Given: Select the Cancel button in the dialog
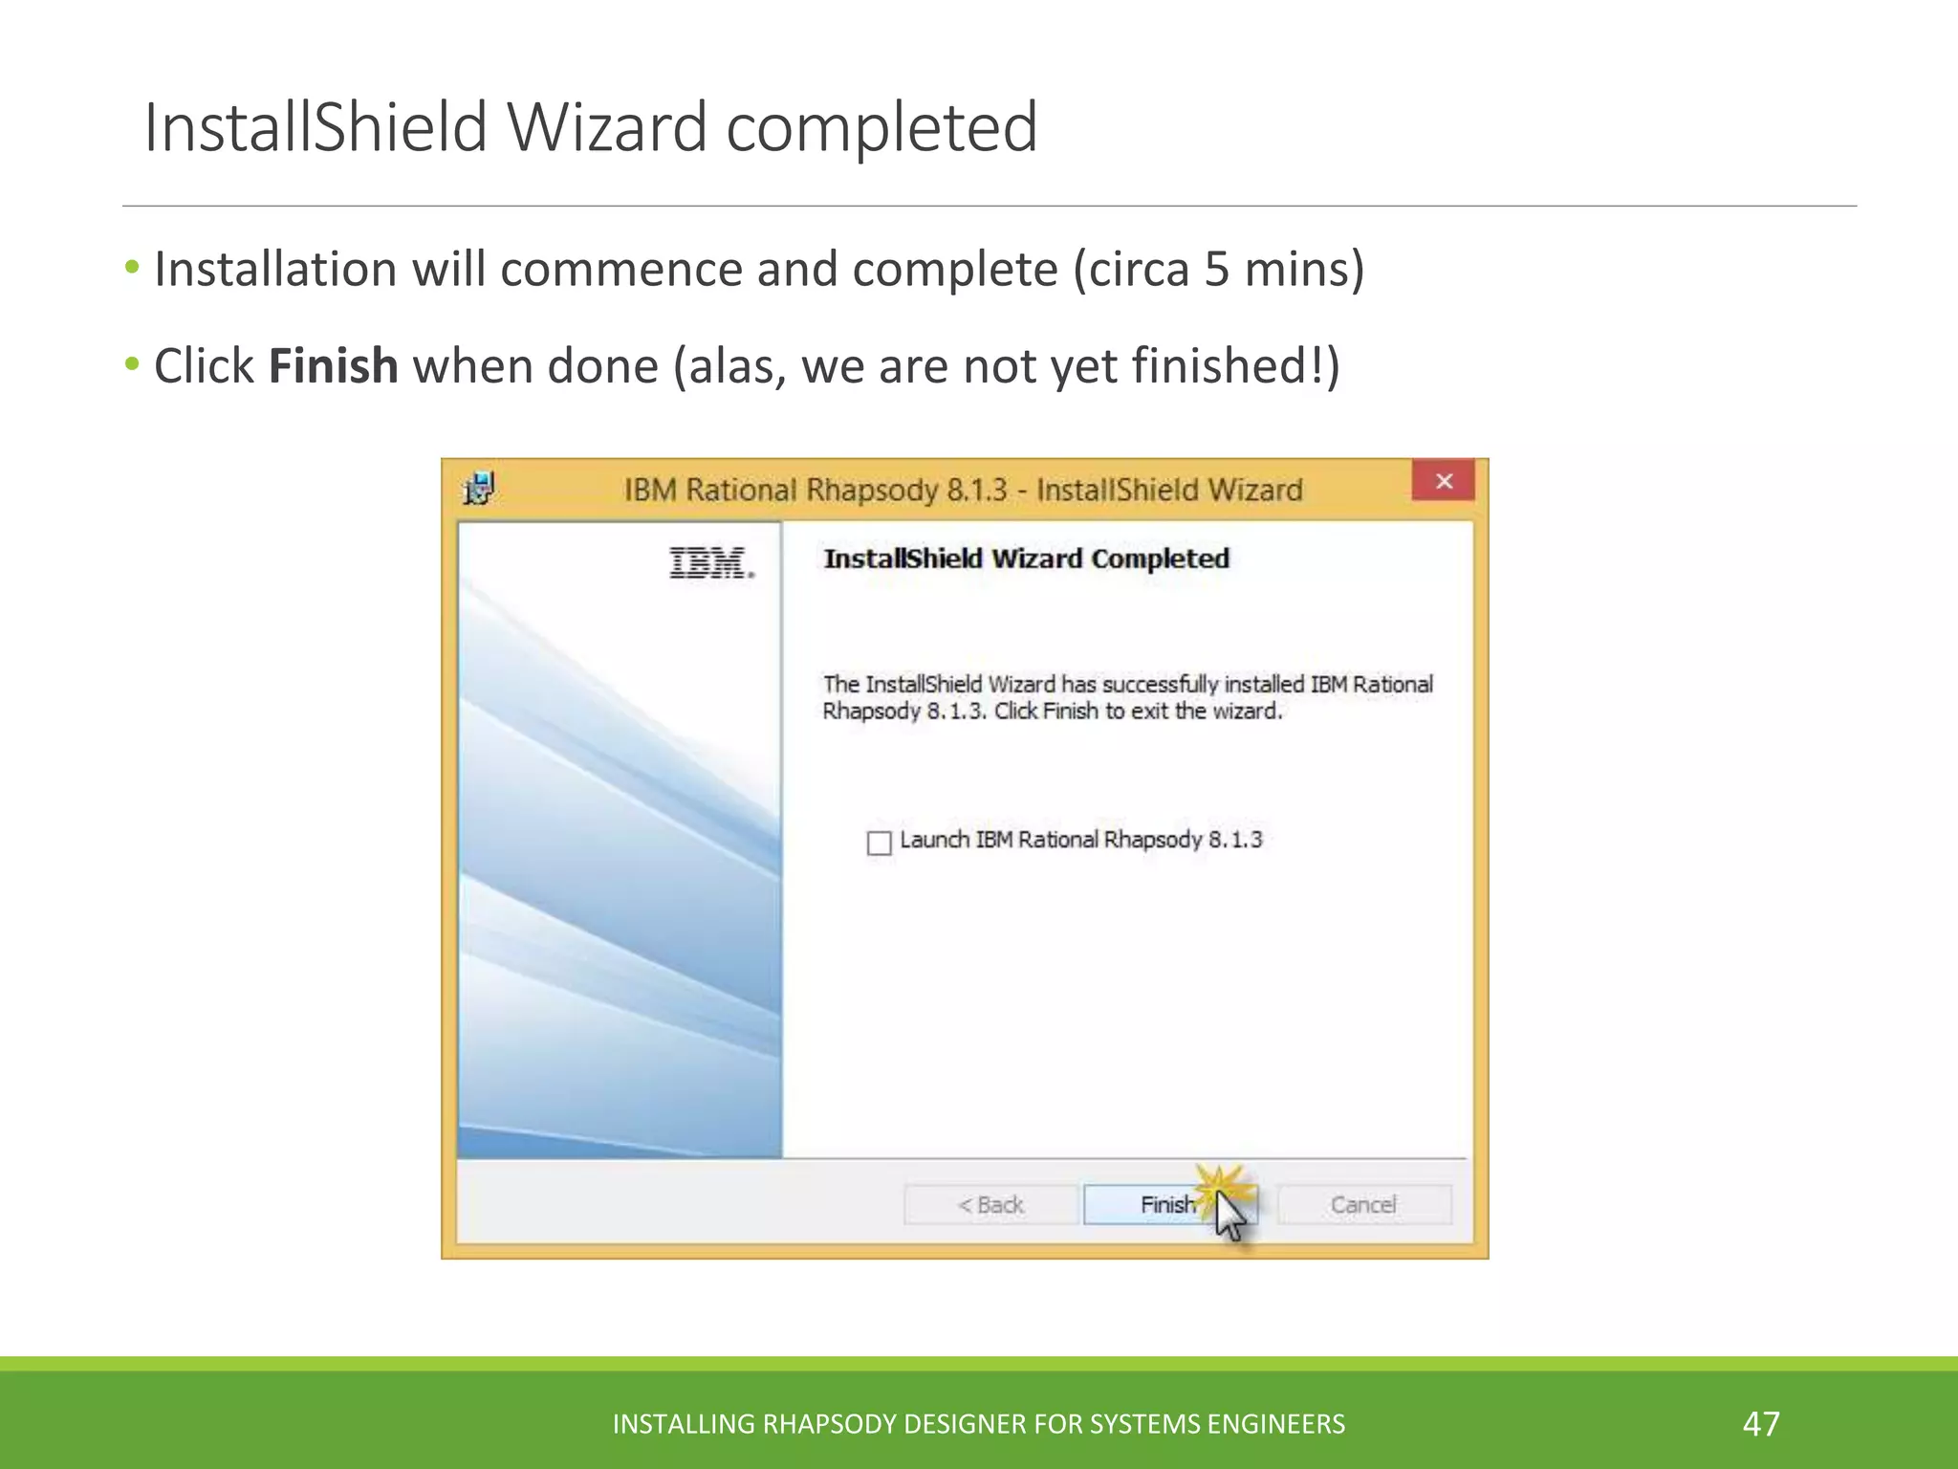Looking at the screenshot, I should (1363, 1204).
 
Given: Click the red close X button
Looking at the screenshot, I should (1444, 481).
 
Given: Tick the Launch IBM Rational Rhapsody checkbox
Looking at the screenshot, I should (879, 843).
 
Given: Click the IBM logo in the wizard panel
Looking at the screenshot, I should (711, 563).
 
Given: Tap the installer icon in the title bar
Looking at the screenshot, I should (479, 489).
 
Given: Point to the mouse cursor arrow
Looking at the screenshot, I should (1230, 1217).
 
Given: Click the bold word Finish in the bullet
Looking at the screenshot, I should (333, 366).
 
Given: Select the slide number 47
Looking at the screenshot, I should (1761, 1423).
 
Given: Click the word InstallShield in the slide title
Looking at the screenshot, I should (315, 127).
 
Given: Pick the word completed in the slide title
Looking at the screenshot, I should (881, 127).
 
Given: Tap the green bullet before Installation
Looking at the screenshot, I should (132, 266).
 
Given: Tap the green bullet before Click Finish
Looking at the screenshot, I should (132, 363).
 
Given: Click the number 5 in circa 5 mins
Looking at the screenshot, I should (1216, 269).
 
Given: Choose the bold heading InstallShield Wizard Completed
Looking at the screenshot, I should (1026, 559).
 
